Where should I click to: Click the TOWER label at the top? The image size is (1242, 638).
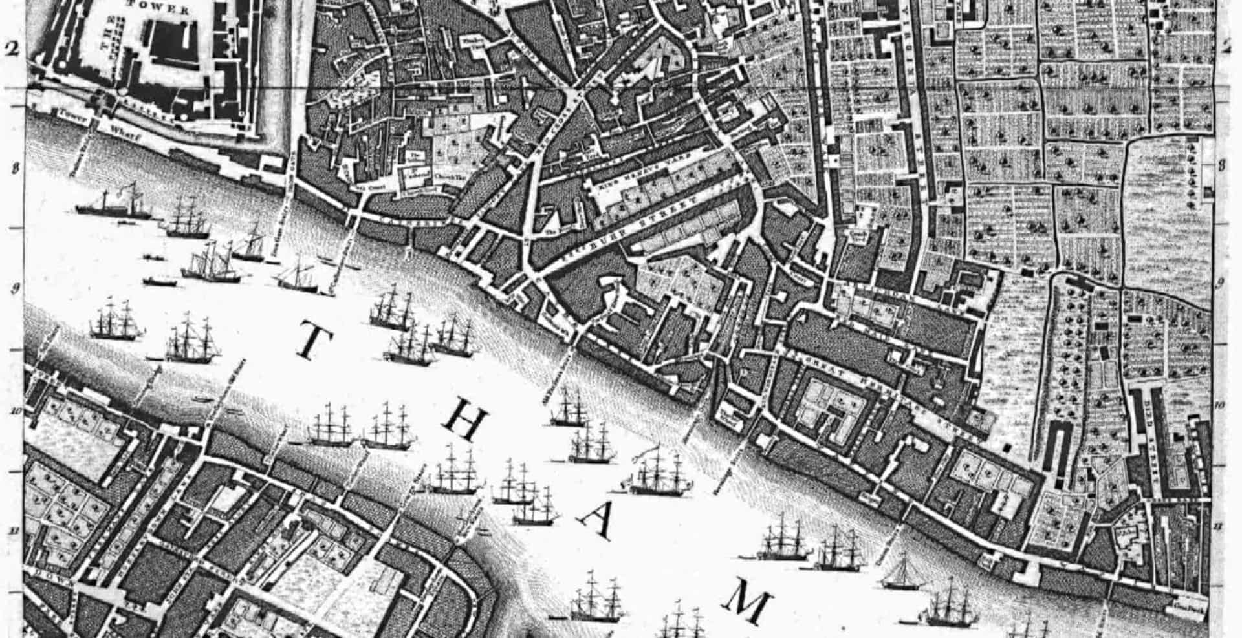(159, 10)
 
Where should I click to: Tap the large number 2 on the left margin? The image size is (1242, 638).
(10, 49)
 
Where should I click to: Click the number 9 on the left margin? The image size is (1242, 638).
(15, 288)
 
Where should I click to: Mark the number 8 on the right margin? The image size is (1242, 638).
(1222, 165)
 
